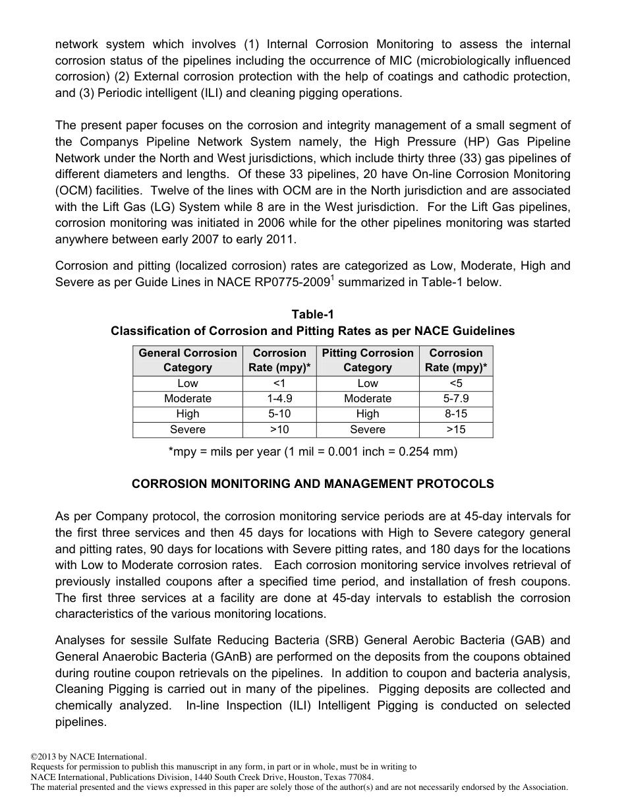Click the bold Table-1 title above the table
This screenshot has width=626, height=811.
pos(313,315)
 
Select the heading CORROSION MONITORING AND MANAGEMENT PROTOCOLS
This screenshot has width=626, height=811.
pos(313,484)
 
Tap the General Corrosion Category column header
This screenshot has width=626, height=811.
pos(188,361)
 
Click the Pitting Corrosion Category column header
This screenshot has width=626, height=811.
pos(368,361)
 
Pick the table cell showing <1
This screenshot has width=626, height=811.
pos(279,384)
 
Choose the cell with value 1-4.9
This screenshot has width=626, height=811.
pos(279,399)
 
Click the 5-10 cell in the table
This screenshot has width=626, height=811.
pos(279,414)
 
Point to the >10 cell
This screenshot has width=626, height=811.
pos(279,430)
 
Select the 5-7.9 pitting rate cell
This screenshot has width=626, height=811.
pos(455,399)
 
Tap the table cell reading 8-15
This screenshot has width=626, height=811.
pos(455,414)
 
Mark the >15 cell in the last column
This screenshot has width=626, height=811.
pos(455,430)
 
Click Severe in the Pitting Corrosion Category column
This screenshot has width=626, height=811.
pos(368,430)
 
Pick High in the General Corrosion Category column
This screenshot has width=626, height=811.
pos(188,414)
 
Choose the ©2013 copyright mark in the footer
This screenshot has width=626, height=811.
pos(47,757)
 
